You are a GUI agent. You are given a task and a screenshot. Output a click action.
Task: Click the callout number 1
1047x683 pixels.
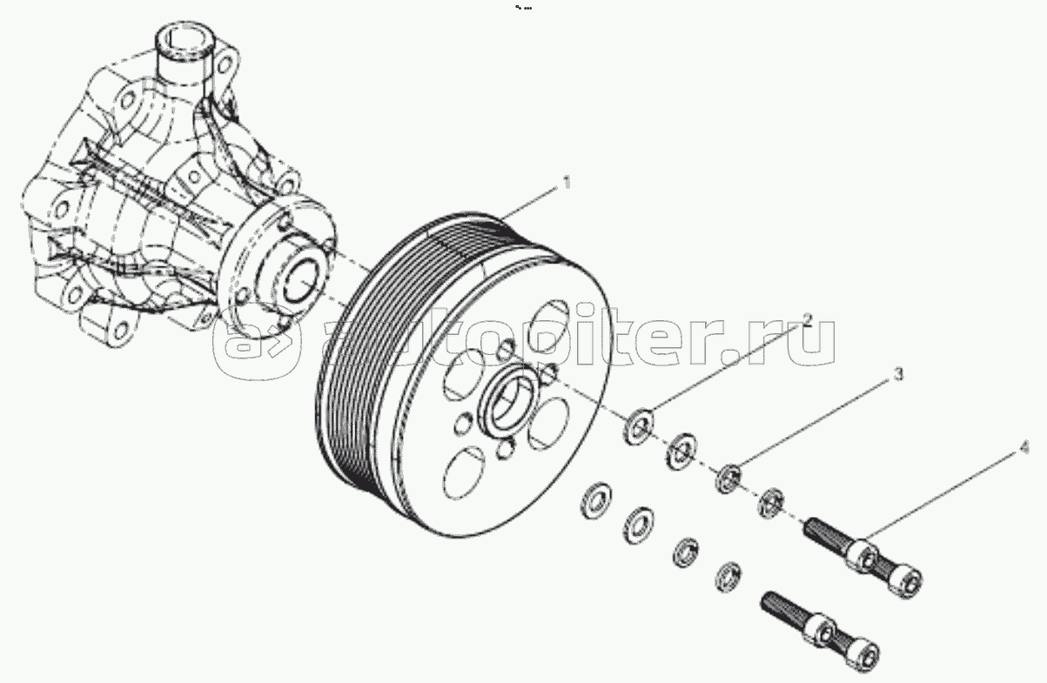tap(567, 182)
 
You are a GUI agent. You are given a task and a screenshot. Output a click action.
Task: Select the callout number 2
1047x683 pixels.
tap(808, 319)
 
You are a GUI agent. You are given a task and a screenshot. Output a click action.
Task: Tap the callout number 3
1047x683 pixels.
tap(898, 374)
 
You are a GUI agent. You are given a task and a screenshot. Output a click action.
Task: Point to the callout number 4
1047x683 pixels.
tap(1024, 448)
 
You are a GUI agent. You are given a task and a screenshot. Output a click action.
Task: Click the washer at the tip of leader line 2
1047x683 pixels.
tap(638, 427)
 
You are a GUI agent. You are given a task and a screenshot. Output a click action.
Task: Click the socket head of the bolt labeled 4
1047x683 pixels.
tap(906, 583)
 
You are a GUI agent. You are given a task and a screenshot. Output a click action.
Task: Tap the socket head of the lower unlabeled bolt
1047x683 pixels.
tap(864, 654)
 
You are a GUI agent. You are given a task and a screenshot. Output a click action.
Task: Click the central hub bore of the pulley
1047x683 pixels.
tap(510, 397)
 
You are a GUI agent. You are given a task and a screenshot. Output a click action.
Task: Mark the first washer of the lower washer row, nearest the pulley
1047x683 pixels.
tap(596, 501)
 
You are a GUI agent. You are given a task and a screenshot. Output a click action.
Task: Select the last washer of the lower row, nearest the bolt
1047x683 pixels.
tap(728, 577)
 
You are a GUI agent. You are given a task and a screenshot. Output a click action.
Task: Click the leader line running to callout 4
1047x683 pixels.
tap(940, 497)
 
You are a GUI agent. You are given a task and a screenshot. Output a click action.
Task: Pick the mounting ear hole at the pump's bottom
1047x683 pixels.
tap(120, 332)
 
